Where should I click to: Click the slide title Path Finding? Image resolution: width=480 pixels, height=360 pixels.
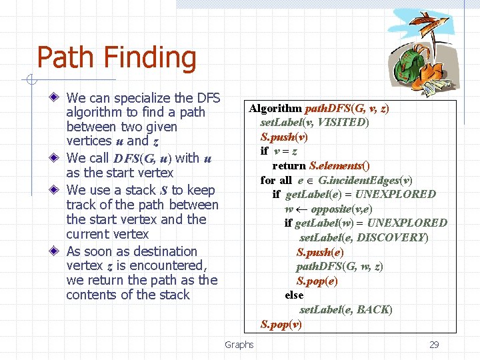[117, 57]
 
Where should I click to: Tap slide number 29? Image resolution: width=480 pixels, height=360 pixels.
[434, 345]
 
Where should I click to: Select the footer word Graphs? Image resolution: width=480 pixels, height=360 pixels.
[239, 345]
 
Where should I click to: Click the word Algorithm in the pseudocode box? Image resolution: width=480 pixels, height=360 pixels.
[275, 108]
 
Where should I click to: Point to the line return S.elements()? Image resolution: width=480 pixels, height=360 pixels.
[321, 165]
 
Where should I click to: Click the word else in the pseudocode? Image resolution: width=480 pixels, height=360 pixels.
[294, 295]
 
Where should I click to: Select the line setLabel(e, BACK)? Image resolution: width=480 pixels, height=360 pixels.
[345, 309]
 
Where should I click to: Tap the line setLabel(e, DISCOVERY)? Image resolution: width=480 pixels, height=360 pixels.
[364, 237]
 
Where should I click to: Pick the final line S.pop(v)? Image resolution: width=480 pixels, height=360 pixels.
[281, 324]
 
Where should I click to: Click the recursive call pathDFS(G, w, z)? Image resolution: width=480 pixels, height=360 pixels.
[339, 267]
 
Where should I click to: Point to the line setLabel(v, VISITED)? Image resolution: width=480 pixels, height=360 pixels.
[315, 122]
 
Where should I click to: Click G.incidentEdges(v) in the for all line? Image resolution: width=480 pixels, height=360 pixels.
[365, 180]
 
